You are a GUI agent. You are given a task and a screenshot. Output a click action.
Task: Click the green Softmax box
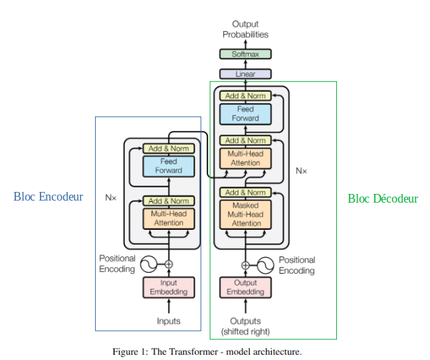point(245,54)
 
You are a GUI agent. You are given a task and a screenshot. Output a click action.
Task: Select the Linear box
point(245,74)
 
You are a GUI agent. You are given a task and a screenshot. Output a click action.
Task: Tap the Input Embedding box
point(169,288)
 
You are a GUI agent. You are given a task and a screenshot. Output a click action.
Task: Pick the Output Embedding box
point(245,288)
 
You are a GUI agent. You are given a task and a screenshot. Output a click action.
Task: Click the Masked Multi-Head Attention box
point(245,215)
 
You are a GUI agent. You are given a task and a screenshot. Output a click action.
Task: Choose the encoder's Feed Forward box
point(169,166)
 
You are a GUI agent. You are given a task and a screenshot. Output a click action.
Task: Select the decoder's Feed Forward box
point(245,114)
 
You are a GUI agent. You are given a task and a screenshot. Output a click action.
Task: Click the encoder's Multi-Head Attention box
point(169,219)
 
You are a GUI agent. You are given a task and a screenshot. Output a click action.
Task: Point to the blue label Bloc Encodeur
point(49,197)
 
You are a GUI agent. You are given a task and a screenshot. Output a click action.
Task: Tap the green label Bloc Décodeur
point(383,199)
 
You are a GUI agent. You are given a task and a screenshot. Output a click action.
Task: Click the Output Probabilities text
point(245,29)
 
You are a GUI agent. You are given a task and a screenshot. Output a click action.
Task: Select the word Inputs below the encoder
point(169,321)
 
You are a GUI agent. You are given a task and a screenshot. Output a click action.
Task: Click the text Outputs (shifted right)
point(245,326)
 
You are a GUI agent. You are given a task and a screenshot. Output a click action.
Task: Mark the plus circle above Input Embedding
point(169,264)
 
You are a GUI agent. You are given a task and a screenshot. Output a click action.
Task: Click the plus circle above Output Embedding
point(245,265)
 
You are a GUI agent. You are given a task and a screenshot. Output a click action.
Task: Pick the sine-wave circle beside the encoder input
point(149,264)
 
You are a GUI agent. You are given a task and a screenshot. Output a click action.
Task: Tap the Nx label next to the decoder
point(301,171)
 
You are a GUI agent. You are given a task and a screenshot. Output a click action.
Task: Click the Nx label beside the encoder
point(111,197)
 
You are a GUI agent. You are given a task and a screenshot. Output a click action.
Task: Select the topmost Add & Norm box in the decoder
point(245,96)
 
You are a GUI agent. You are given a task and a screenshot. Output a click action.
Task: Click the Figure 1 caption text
point(207,351)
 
